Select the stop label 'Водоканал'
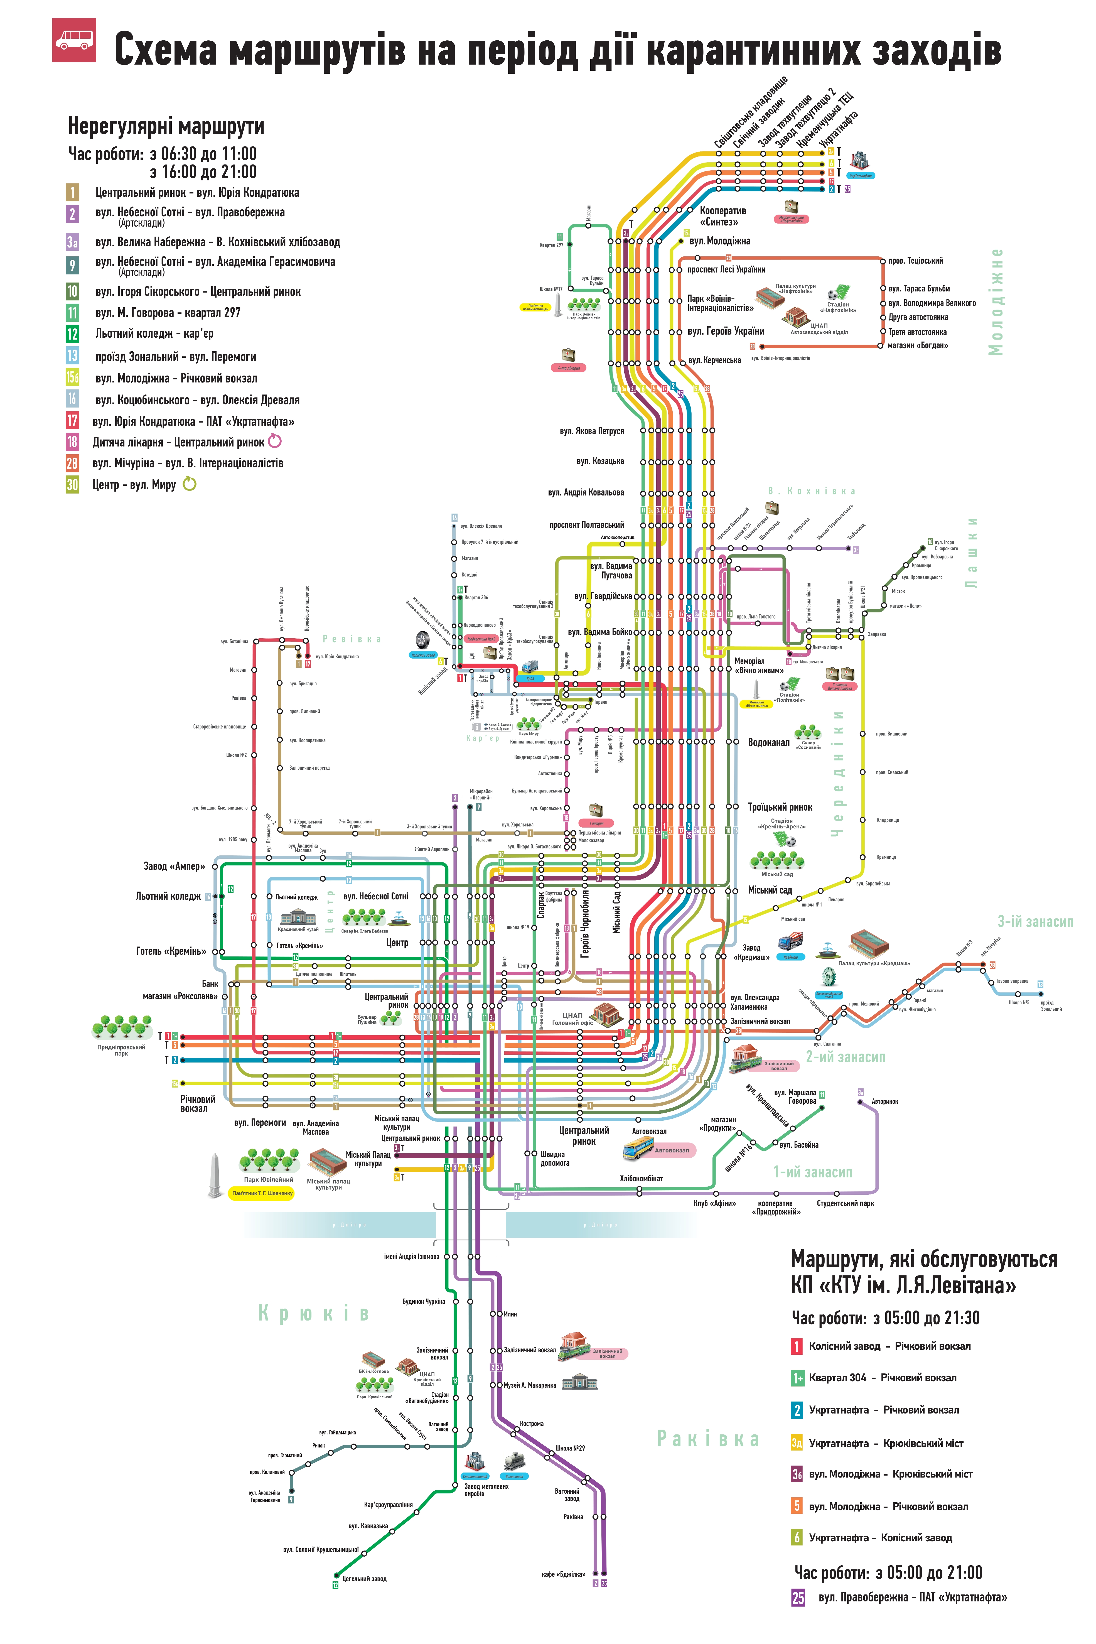tap(768, 742)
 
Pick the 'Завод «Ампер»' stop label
tap(174, 866)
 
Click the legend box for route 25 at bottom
tap(798, 1597)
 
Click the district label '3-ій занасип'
tap(1034, 921)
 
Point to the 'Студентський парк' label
tap(845, 1203)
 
